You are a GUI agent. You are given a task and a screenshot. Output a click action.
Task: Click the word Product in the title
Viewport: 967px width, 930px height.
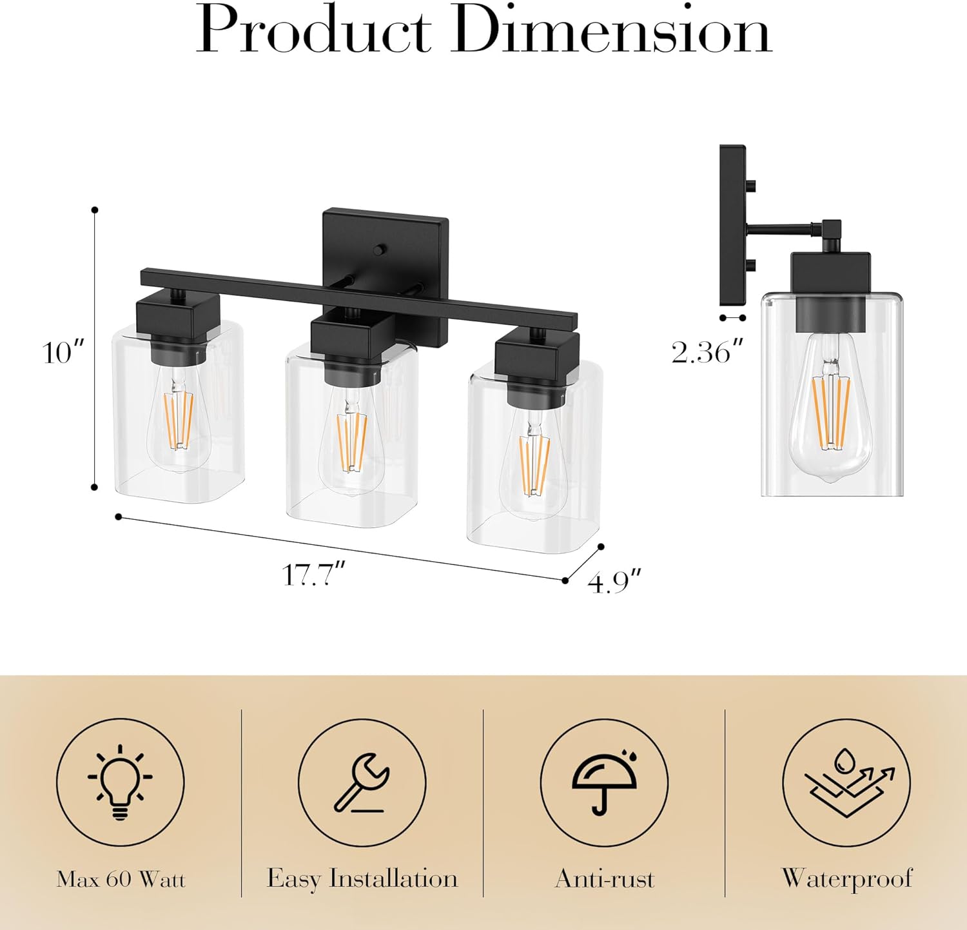pos(314,32)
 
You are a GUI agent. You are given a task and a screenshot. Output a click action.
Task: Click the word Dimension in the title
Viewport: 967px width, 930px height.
pos(610,32)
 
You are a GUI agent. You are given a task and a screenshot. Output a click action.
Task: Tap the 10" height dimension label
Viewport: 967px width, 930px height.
pos(63,353)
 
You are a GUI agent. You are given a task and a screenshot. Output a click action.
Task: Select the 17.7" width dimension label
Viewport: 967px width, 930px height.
pos(314,575)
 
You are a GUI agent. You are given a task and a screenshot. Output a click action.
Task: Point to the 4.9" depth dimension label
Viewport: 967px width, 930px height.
pos(614,582)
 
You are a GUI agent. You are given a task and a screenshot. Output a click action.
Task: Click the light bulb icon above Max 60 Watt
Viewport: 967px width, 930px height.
pos(121,782)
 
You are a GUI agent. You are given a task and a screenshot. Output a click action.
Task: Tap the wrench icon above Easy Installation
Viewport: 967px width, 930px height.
pos(362,782)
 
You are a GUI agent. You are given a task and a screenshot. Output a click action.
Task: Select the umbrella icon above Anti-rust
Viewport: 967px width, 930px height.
pos(604,782)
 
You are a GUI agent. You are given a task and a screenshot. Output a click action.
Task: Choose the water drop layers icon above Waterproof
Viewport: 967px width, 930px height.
pos(846,782)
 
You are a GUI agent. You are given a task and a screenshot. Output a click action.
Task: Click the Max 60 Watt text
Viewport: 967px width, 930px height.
pos(121,880)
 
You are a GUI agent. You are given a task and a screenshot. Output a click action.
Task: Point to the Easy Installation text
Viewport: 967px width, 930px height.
pos(362,879)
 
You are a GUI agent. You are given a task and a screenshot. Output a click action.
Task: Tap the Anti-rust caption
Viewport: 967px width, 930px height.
pos(604,879)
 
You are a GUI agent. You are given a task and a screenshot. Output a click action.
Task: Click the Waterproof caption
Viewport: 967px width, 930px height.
pos(846,879)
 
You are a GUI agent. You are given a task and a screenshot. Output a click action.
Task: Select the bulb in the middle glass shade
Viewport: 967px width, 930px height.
pos(352,448)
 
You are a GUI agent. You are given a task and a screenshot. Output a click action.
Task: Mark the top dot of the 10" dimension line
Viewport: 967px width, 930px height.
pos(95,210)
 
